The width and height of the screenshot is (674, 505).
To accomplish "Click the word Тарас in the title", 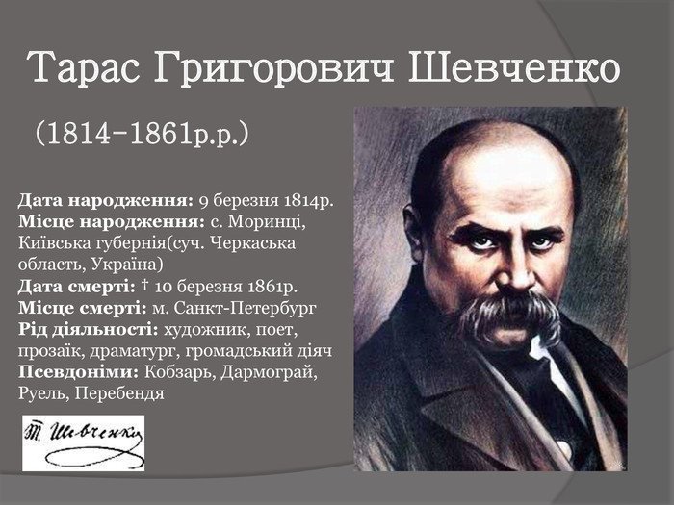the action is [85, 67].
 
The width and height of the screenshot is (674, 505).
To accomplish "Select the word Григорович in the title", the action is [273, 68].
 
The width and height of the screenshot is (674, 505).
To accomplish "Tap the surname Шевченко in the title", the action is [513, 67].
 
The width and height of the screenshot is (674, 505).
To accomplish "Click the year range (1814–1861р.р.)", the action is [143, 133].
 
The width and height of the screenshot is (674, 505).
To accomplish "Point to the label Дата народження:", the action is [106, 201].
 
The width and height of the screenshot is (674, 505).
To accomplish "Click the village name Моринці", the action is [267, 222].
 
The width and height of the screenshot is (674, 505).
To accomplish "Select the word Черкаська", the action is [254, 243].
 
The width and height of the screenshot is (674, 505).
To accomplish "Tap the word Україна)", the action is [127, 265].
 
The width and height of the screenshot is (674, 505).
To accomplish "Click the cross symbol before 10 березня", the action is [144, 285].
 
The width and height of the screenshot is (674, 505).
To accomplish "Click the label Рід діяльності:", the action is [89, 330].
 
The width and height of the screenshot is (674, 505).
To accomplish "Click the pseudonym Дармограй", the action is [269, 373].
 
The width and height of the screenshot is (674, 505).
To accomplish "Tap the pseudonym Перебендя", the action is [119, 393].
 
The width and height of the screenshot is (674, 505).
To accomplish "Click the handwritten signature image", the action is [84, 442].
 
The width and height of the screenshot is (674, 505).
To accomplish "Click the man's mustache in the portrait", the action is [509, 314].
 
